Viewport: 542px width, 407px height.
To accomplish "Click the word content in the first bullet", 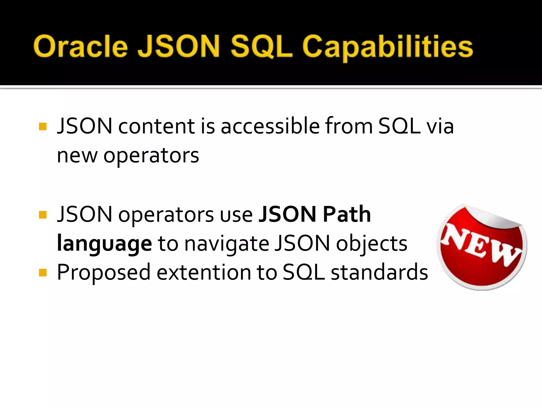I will tap(156, 126).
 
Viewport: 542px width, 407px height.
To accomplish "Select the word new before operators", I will tap(77, 156).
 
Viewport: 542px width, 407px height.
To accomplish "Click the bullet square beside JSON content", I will tap(43, 126).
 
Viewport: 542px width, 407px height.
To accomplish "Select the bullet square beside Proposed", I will tap(43, 272).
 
